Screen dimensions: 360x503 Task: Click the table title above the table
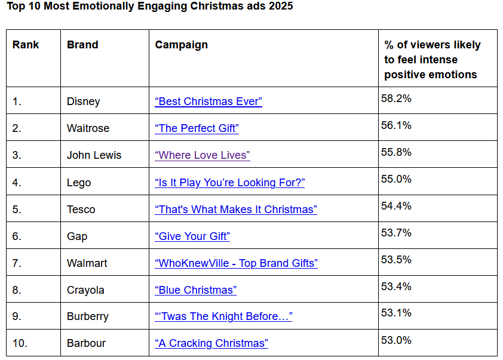tap(149, 7)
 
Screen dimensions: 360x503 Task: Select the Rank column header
tap(26, 45)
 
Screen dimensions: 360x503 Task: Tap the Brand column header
tap(82, 45)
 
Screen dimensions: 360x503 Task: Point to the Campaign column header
tap(182, 45)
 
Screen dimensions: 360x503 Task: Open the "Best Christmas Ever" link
tap(208, 101)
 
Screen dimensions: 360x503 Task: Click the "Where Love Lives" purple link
tap(203, 155)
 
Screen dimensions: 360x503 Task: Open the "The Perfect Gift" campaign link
tap(197, 128)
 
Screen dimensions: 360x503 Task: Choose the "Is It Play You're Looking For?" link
tap(229, 183)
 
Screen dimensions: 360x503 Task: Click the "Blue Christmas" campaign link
tap(195, 290)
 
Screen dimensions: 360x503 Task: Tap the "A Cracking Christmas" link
tap(211, 343)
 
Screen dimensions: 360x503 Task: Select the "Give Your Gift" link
tap(192, 236)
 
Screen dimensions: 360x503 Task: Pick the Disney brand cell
tap(84, 101)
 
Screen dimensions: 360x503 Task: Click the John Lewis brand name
tap(94, 155)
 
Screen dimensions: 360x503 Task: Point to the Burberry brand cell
tap(88, 316)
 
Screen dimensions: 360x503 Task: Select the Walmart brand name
tap(87, 263)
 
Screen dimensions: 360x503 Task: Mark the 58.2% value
tap(396, 99)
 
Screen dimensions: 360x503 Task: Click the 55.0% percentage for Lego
tap(396, 179)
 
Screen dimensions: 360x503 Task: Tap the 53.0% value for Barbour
tap(396, 340)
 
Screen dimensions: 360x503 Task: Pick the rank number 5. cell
tap(17, 210)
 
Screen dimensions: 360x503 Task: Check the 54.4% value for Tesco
tap(396, 206)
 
